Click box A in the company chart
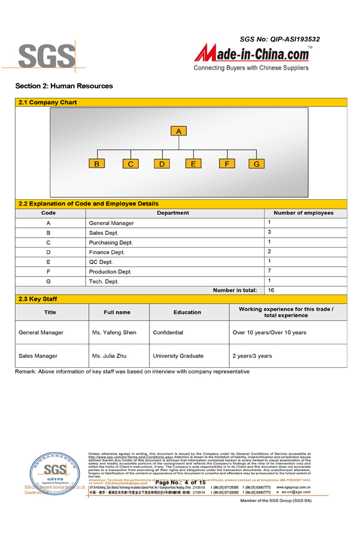[179, 131]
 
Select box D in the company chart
[161, 164]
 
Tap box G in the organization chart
[257, 164]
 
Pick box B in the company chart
[97, 164]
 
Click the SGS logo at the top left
[46, 56]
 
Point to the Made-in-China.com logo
[251, 56]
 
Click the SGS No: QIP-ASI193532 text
[280, 39]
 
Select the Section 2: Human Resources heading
[64, 86]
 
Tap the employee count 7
[270, 271]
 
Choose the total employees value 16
[271, 290]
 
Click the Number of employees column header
[303, 213]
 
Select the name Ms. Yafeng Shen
[114, 332]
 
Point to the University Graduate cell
[178, 356]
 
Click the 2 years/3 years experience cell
[252, 356]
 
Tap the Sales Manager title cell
[38, 356]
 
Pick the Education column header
[187, 312]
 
